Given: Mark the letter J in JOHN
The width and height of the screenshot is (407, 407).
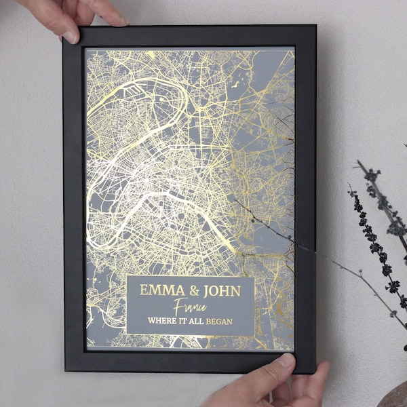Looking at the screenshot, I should point(205,290).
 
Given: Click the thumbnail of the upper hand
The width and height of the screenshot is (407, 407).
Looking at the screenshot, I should point(71,36).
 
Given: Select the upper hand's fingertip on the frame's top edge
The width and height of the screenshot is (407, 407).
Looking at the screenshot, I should point(115,21).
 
